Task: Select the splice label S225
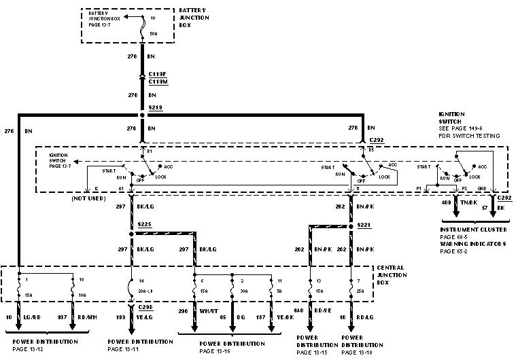tap(144, 223)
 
